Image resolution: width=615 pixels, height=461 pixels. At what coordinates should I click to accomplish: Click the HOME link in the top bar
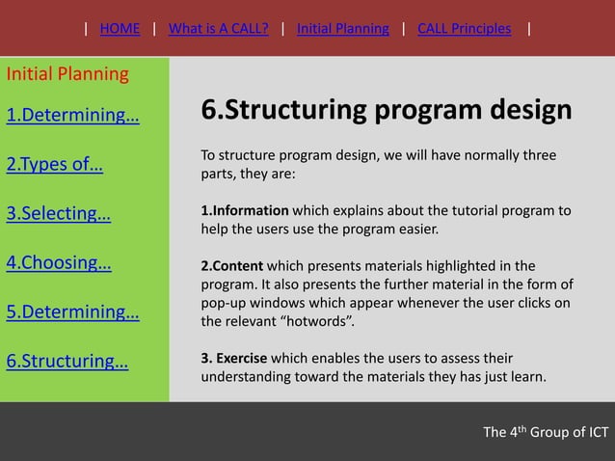(x=120, y=28)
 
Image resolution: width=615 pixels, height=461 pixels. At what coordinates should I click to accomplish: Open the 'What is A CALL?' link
(x=218, y=28)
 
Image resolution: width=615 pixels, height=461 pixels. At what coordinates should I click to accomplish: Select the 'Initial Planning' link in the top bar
(x=342, y=28)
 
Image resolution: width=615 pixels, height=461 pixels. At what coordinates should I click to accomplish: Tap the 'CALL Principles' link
(x=464, y=28)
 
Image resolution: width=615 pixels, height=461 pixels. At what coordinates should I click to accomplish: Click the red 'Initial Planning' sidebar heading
(x=67, y=74)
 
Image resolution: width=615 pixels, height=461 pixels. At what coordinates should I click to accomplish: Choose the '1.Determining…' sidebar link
(x=72, y=117)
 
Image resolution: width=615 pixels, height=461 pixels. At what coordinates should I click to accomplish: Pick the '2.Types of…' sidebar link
(x=55, y=163)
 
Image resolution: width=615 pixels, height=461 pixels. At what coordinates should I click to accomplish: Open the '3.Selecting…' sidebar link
(x=58, y=213)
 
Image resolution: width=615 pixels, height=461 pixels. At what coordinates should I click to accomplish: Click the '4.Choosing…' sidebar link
(x=59, y=262)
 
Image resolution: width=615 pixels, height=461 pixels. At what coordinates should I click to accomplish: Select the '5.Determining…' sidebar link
(x=72, y=312)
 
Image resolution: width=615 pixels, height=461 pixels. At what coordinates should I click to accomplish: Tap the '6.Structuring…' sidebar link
(x=67, y=362)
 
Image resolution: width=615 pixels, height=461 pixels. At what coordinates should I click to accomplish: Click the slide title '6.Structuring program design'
(x=386, y=110)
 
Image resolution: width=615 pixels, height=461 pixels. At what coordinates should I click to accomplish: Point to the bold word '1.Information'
(x=245, y=210)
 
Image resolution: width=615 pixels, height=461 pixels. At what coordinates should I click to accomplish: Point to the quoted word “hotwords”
(x=309, y=321)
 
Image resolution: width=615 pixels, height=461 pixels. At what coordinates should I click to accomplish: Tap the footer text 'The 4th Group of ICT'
(x=545, y=431)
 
